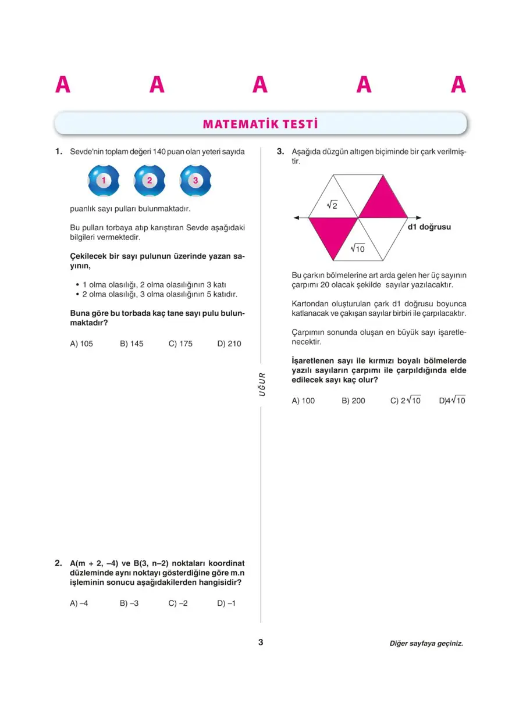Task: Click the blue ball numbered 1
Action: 104,181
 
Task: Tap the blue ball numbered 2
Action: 150,181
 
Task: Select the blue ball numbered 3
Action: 195,181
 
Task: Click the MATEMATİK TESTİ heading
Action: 260,124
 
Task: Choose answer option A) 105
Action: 81,344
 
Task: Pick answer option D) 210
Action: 229,344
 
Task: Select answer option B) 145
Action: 131,344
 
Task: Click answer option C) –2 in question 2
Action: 178,603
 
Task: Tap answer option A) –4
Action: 79,603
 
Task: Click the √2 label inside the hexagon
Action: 332,205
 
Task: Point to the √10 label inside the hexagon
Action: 357,249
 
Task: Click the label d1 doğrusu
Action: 429,227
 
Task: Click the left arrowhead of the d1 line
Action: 297,217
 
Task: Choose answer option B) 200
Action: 354,401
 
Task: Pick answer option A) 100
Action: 303,401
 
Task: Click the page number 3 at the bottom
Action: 261,642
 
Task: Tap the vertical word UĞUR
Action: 262,384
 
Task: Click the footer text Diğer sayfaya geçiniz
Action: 426,644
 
